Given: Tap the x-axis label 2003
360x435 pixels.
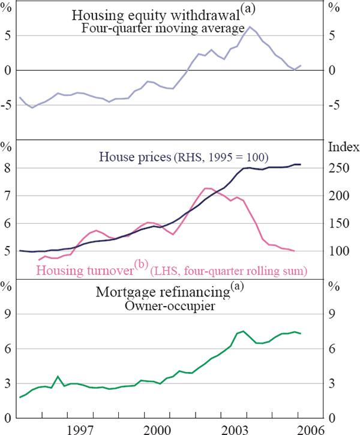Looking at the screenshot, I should point(235,428).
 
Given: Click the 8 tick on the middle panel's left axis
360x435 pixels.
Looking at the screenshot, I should point(8,169).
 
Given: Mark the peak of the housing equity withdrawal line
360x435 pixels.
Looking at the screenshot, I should point(249,26).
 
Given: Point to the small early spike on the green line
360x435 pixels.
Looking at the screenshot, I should point(58,377).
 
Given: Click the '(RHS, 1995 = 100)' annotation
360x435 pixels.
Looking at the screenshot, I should point(220,158).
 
